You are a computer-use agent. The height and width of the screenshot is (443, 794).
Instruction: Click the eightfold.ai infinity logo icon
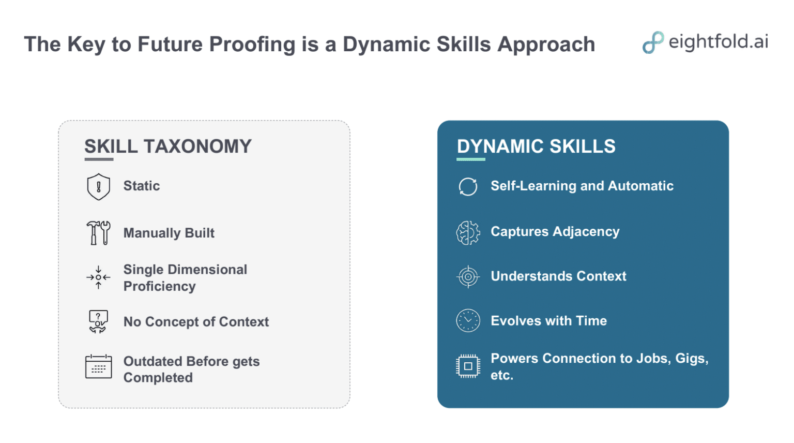tap(653, 42)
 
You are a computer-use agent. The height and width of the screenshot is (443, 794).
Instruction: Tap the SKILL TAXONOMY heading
tap(168, 146)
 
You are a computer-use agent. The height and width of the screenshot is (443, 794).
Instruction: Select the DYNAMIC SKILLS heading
tap(536, 146)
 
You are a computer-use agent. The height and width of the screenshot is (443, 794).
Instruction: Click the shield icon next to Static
tap(99, 187)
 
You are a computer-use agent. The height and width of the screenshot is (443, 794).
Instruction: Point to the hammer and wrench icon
tap(99, 233)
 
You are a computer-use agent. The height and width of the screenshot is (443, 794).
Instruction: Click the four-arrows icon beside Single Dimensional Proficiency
tap(99, 277)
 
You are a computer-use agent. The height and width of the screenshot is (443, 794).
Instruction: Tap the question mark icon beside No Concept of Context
tap(98, 321)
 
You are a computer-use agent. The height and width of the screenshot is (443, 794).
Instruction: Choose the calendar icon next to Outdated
tap(99, 367)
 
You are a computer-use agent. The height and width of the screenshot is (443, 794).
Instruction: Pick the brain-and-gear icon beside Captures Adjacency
tap(468, 232)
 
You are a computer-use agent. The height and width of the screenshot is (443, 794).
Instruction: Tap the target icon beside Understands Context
tap(468, 276)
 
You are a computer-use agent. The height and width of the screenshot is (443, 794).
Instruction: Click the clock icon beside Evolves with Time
tap(468, 320)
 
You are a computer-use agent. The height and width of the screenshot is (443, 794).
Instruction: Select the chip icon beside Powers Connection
tap(468, 366)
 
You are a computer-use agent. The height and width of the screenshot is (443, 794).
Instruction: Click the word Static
tap(142, 186)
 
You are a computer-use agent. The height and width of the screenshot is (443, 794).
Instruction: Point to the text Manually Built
tap(169, 233)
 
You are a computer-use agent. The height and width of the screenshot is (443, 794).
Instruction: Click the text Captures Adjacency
tap(555, 231)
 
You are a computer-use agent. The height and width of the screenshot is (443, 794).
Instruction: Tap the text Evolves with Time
tap(548, 321)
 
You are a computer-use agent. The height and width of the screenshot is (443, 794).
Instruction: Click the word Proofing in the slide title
tap(252, 45)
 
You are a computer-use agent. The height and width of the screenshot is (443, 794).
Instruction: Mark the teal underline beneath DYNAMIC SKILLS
tap(471, 159)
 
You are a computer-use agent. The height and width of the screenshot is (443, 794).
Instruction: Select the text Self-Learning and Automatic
tap(582, 186)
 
